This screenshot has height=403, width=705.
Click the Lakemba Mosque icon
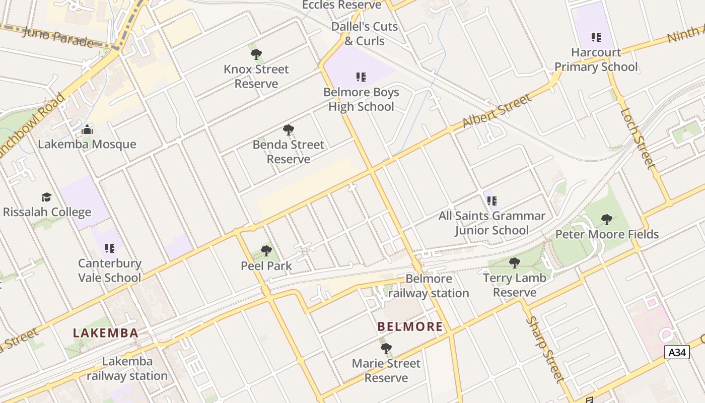[87, 130]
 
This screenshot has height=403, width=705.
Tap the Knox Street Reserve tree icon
[256, 54]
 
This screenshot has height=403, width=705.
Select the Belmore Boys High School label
[361, 99]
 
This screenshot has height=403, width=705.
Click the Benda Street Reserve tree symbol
[289, 130]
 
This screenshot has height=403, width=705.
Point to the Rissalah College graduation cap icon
[47, 197]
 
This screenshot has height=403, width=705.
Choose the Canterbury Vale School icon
[110, 248]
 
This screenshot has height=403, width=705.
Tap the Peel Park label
[266, 265]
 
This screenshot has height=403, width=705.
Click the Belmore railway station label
[429, 286]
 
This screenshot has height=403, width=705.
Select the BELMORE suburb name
[410, 326]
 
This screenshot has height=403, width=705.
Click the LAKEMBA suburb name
[105, 333]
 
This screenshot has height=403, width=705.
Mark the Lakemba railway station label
[127, 369]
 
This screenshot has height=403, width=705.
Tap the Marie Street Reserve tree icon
[386, 348]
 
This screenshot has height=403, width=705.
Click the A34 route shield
[676, 352]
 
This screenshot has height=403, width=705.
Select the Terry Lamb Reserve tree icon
[514, 262]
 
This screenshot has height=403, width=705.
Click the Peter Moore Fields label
[607, 234]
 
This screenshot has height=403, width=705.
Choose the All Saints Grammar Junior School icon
[492, 201]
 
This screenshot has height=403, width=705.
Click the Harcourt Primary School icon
[596, 37]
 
